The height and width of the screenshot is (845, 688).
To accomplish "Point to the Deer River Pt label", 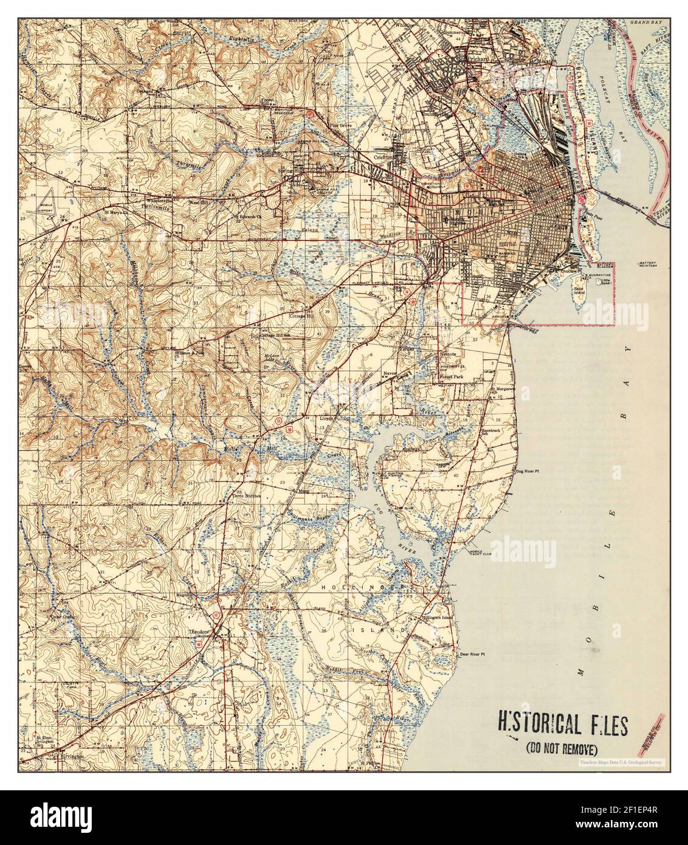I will [x=475, y=655].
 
